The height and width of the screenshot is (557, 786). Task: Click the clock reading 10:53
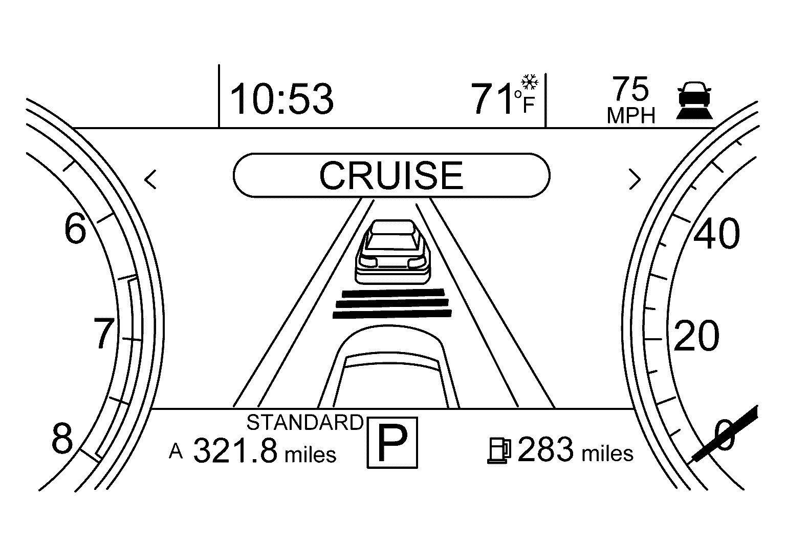(x=282, y=99)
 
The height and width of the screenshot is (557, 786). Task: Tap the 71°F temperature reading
(x=503, y=98)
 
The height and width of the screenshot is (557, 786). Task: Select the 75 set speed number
(x=630, y=89)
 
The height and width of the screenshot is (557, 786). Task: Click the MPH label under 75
(x=631, y=116)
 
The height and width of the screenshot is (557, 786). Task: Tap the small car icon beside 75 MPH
(x=694, y=100)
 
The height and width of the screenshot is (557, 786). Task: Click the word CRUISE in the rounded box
(x=391, y=175)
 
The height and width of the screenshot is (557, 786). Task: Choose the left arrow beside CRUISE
(x=150, y=179)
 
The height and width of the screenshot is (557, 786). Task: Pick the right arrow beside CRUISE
(x=635, y=179)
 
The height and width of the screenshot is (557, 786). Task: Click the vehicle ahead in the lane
(x=392, y=252)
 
